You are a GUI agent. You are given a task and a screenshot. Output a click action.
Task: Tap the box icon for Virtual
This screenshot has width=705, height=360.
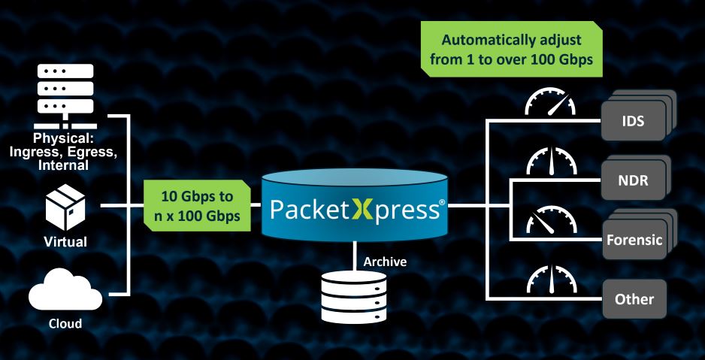(65, 209)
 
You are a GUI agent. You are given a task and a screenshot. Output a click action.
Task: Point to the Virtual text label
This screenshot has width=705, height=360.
(65, 242)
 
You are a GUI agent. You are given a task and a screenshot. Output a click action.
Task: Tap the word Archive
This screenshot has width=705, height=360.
(386, 262)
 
